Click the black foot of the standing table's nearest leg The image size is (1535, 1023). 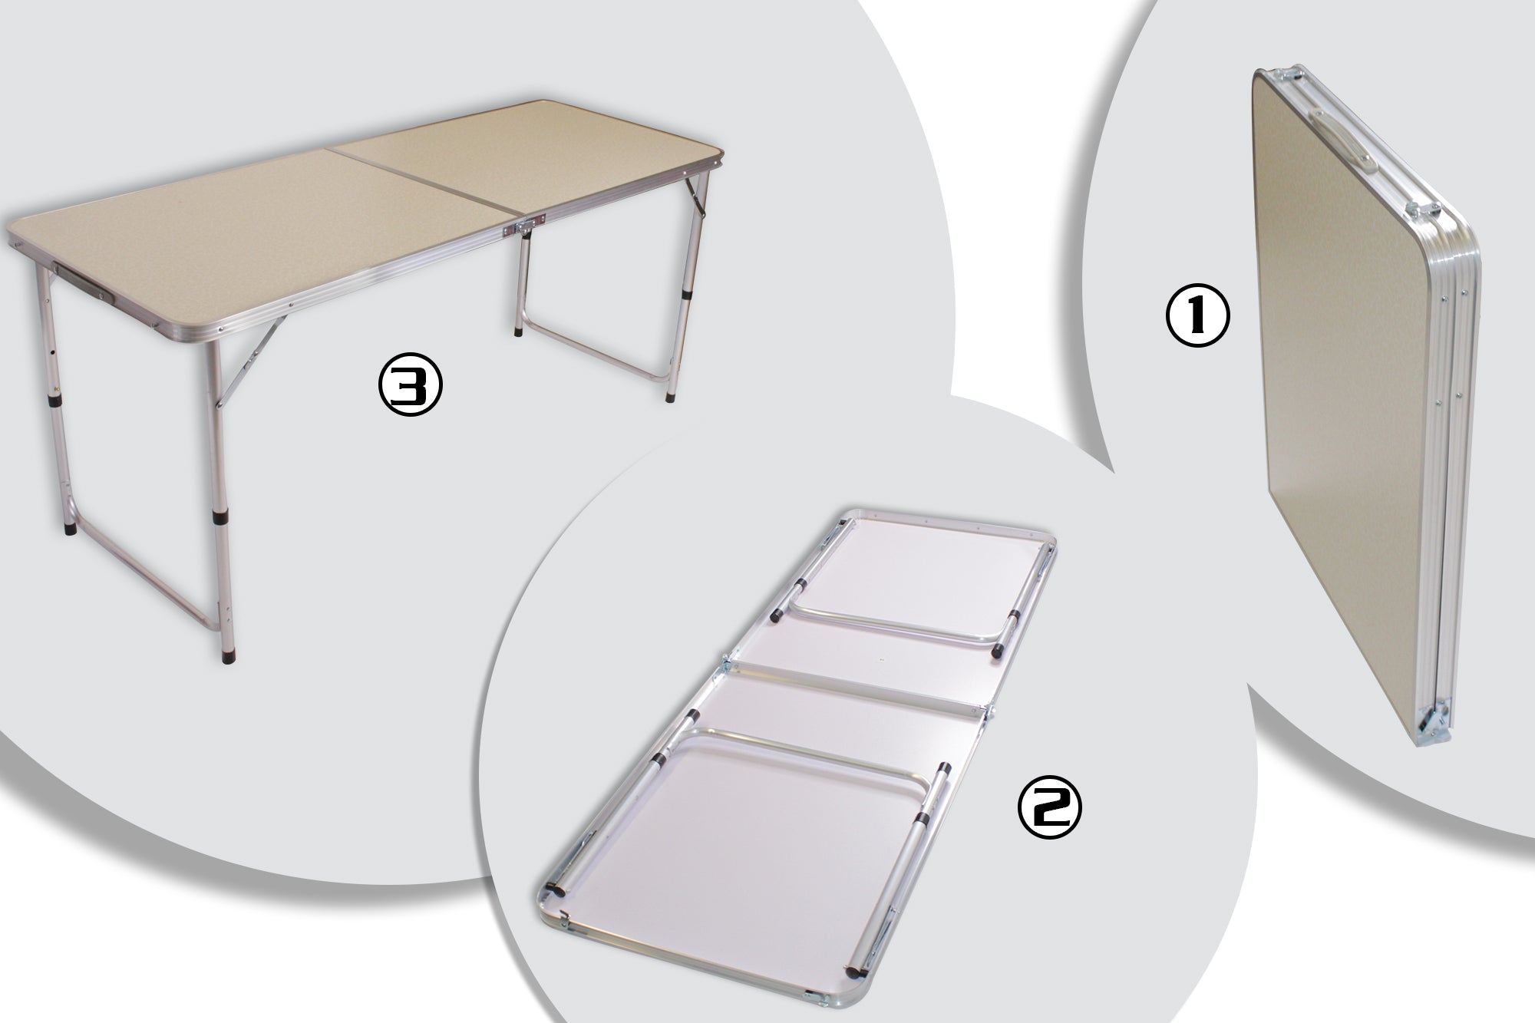pyautogui.click(x=227, y=655)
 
